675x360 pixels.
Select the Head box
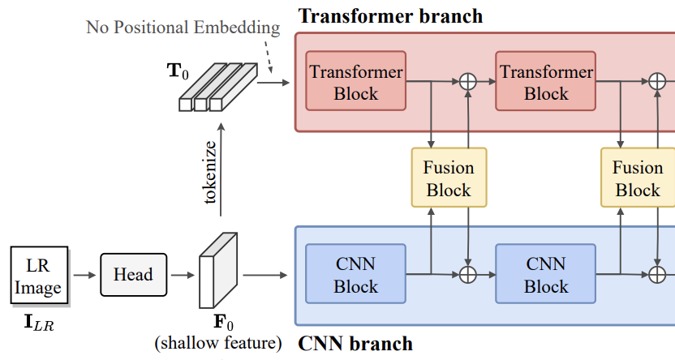point(133,274)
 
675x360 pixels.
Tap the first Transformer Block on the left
point(355,82)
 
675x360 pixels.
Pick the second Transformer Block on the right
point(546,82)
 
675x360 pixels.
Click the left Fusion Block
point(449,178)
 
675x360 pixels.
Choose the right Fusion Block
point(638,178)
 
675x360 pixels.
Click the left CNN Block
point(355,275)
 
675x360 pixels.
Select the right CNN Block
point(546,275)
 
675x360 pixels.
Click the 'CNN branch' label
point(355,343)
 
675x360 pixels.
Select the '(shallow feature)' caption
point(218,344)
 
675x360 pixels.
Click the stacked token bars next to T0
point(217,87)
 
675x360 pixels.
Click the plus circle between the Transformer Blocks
point(467,81)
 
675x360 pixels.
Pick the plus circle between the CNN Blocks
point(467,275)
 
